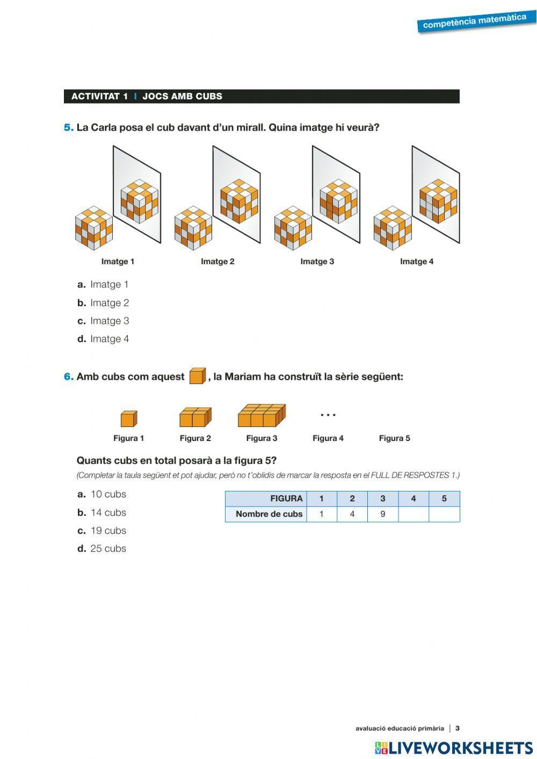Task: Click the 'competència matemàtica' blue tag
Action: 475,21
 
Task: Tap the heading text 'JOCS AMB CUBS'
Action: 182,97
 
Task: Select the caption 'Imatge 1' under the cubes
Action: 118,262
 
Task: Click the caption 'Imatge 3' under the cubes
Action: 317,262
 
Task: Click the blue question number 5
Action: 68,128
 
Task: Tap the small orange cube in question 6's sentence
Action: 197,376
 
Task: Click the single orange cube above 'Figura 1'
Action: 128,418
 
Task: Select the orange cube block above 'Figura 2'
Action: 195,417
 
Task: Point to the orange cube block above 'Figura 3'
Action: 262,416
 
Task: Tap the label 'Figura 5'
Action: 394,438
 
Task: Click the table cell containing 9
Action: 382,514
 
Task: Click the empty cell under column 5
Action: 444,514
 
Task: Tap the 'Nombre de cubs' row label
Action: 268,514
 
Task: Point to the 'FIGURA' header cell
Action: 286,498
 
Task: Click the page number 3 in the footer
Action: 458,728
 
